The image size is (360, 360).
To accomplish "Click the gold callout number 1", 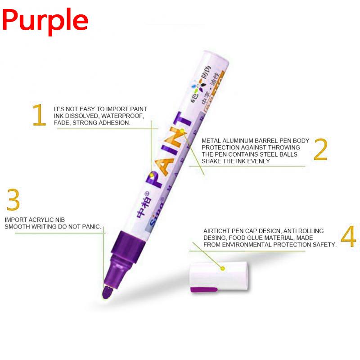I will [x=39, y=115].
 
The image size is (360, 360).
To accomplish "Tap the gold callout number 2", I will [x=320, y=150].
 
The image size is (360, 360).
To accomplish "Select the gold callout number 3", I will [x=13, y=200].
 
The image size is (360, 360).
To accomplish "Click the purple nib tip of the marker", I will [x=107, y=292].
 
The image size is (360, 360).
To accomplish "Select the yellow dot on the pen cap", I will [x=222, y=269].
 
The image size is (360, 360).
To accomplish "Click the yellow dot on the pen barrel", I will [x=182, y=131].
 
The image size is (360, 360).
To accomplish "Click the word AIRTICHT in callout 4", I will [x=218, y=231].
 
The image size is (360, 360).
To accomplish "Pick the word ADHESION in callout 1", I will [x=116, y=123].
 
